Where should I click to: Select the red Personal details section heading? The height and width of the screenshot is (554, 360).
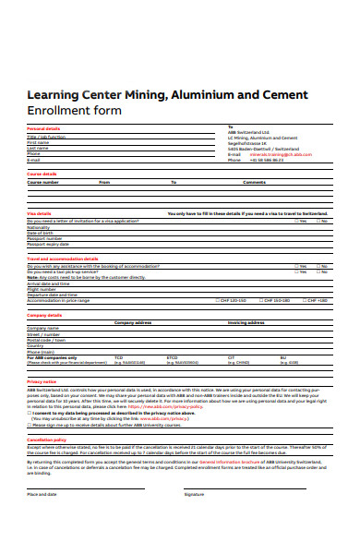(x=43, y=128)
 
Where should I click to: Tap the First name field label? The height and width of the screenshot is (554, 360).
(x=38, y=142)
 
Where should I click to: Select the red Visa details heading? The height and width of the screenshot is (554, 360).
(x=39, y=213)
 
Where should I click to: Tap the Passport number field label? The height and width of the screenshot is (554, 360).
(x=44, y=238)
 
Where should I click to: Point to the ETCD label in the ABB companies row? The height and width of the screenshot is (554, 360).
(x=172, y=357)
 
